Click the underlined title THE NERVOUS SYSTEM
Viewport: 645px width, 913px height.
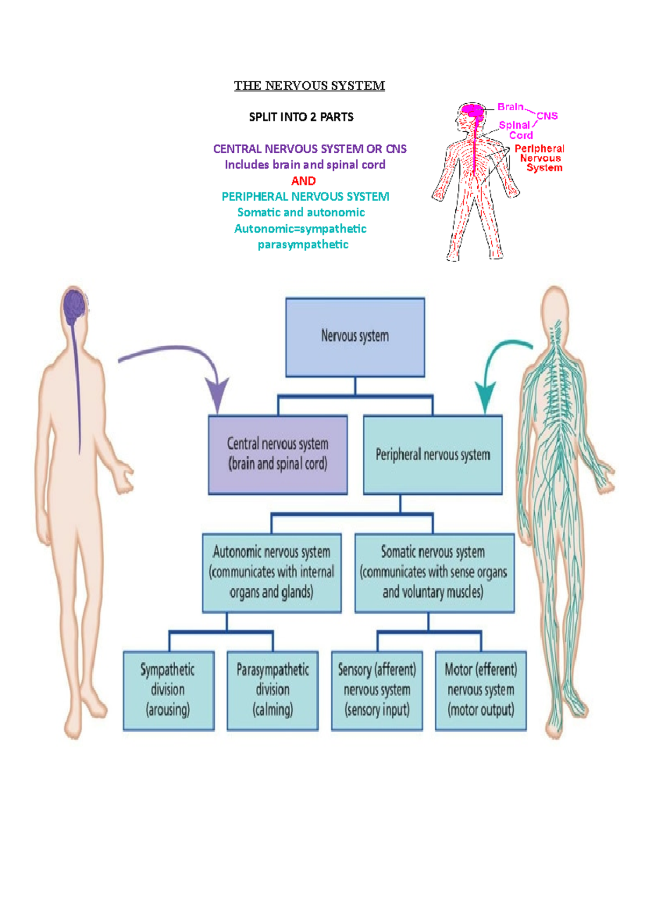(309, 86)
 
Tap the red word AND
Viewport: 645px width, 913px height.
(303, 181)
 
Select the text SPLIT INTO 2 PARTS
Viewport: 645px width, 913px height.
(301, 117)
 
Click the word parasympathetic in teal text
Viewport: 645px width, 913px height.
(303, 245)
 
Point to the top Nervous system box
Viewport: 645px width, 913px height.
(355, 337)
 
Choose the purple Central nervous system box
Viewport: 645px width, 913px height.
(277, 454)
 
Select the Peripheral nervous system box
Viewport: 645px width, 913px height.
(433, 455)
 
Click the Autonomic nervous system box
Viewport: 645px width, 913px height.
(271, 573)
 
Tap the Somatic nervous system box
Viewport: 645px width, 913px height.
(434, 573)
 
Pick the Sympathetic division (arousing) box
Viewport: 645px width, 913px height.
(168, 690)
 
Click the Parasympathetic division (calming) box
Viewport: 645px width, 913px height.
(273, 690)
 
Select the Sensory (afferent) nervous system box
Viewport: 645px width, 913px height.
(377, 690)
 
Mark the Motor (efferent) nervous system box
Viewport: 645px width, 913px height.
(481, 690)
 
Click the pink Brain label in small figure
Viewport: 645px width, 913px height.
(510, 107)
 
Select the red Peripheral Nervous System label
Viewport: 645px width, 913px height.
(540, 158)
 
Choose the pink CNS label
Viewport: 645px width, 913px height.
(547, 116)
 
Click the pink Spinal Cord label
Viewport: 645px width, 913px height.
(516, 130)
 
